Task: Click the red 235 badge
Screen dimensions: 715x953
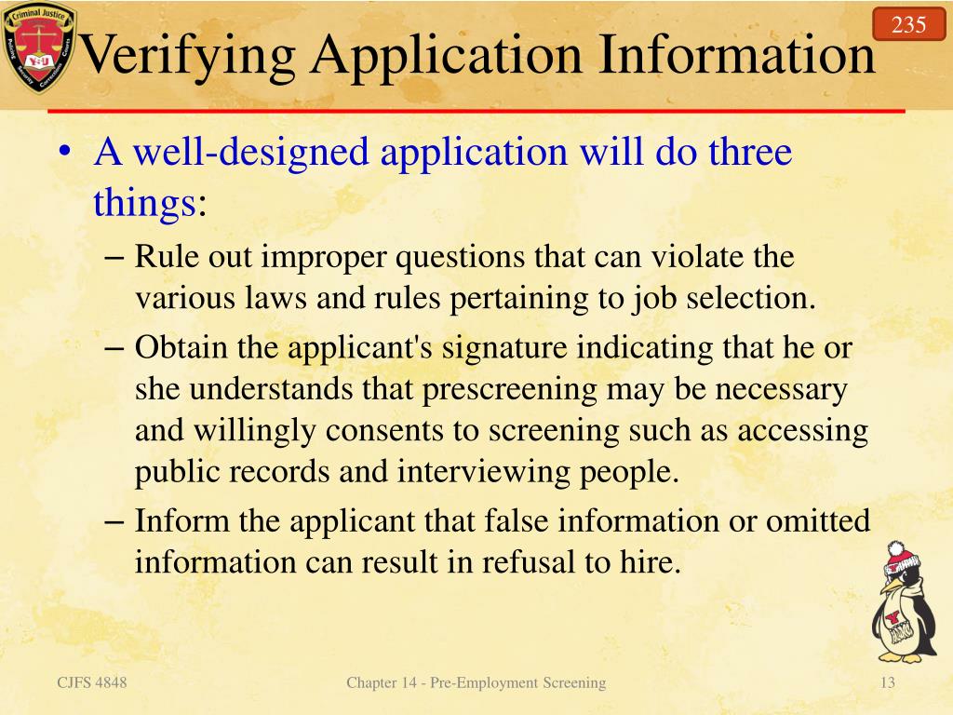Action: coord(908,24)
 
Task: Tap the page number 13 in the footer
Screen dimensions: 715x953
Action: coord(887,683)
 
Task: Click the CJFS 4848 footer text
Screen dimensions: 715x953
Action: coord(92,683)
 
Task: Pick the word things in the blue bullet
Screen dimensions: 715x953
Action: coord(144,202)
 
